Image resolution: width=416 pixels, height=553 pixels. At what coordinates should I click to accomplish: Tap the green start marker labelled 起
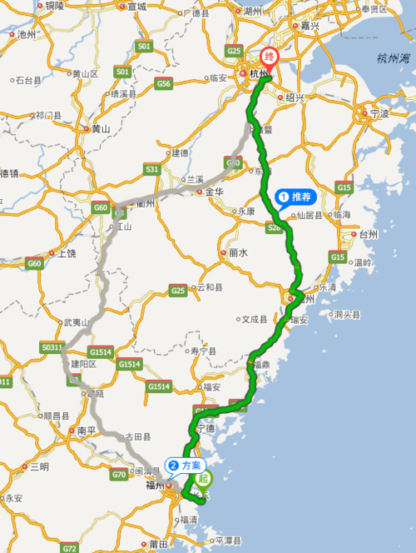(204, 479)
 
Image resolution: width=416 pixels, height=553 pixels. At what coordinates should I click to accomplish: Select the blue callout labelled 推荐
(296, 197)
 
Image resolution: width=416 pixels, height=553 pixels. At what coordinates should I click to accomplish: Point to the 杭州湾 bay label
(393, 58)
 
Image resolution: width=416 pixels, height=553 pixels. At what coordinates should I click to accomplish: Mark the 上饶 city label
(65, 252)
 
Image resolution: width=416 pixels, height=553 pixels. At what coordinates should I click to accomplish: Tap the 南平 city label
(87, 431)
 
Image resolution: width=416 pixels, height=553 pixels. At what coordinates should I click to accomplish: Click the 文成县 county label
(253, 319)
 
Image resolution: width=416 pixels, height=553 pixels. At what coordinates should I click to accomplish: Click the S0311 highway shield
(52, 346)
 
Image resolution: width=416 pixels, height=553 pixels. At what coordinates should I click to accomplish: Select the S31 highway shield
(151, 169)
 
